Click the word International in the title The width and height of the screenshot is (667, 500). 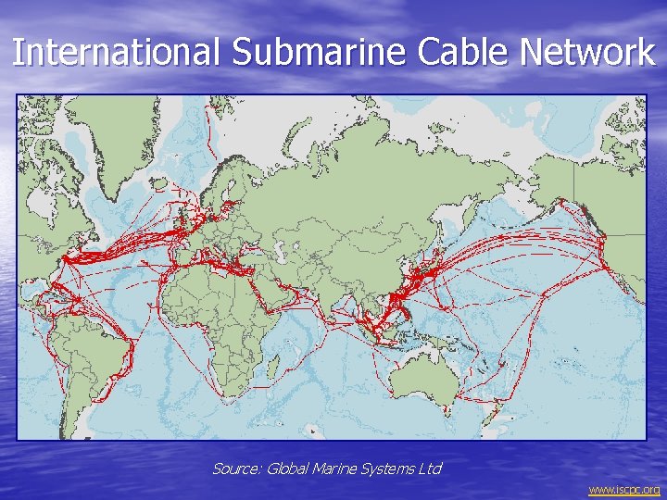pos(117,52)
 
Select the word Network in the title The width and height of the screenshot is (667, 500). pos(587,52)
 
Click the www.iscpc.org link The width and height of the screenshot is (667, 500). pos(624,489)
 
